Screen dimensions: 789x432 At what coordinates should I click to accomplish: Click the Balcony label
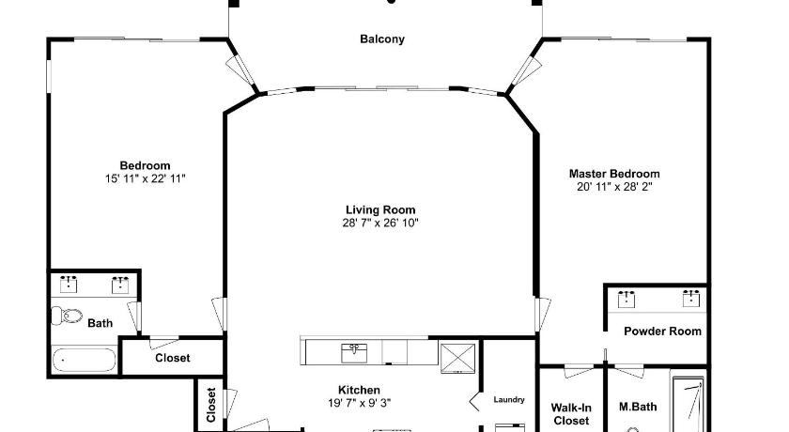pos(382,39)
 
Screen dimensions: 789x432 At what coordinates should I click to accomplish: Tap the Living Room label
pos(380,209)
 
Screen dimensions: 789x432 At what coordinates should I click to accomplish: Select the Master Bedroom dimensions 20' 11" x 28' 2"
pos(614,187)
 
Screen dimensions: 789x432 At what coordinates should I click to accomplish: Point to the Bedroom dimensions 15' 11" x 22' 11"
pos(145,178)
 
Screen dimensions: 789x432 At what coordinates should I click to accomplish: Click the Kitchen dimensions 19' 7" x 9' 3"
pos(359,403)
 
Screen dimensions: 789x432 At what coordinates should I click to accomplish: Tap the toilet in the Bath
pos(67,316)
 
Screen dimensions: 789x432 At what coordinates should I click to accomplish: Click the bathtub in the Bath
pos(84,360)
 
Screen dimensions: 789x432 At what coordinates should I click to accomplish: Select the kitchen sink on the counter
pos(354,352)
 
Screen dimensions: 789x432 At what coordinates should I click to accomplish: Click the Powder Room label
pos(662,331)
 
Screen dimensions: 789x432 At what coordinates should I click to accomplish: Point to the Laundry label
pos(509,399)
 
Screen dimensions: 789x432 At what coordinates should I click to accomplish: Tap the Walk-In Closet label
pos(571,414)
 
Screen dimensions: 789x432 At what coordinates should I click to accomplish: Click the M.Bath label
pos(638,407)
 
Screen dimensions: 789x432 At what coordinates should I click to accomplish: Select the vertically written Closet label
pos(210,405)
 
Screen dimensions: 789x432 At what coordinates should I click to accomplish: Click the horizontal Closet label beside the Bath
pos(173,358)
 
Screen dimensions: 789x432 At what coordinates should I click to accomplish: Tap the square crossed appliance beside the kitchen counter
pos(457,358)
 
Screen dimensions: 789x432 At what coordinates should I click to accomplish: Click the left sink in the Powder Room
pos(626,299)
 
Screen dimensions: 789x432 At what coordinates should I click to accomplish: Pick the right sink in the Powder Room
pos(691,299)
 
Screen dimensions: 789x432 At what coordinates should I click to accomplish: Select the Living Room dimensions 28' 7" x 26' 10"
pos(380,223)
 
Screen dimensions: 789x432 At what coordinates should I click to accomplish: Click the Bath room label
pos(101,323)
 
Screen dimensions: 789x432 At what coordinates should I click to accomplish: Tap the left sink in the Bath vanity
pos(69,285)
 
